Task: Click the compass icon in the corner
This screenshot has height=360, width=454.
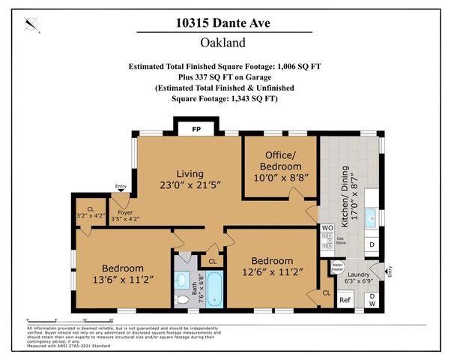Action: click(31, 25)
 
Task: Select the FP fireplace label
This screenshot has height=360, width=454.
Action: click(196, 129)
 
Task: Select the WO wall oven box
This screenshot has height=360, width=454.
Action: click(327, 227)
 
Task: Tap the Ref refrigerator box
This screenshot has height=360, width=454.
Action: click(345, 300)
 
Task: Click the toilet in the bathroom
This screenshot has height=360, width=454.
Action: click(183, 298)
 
